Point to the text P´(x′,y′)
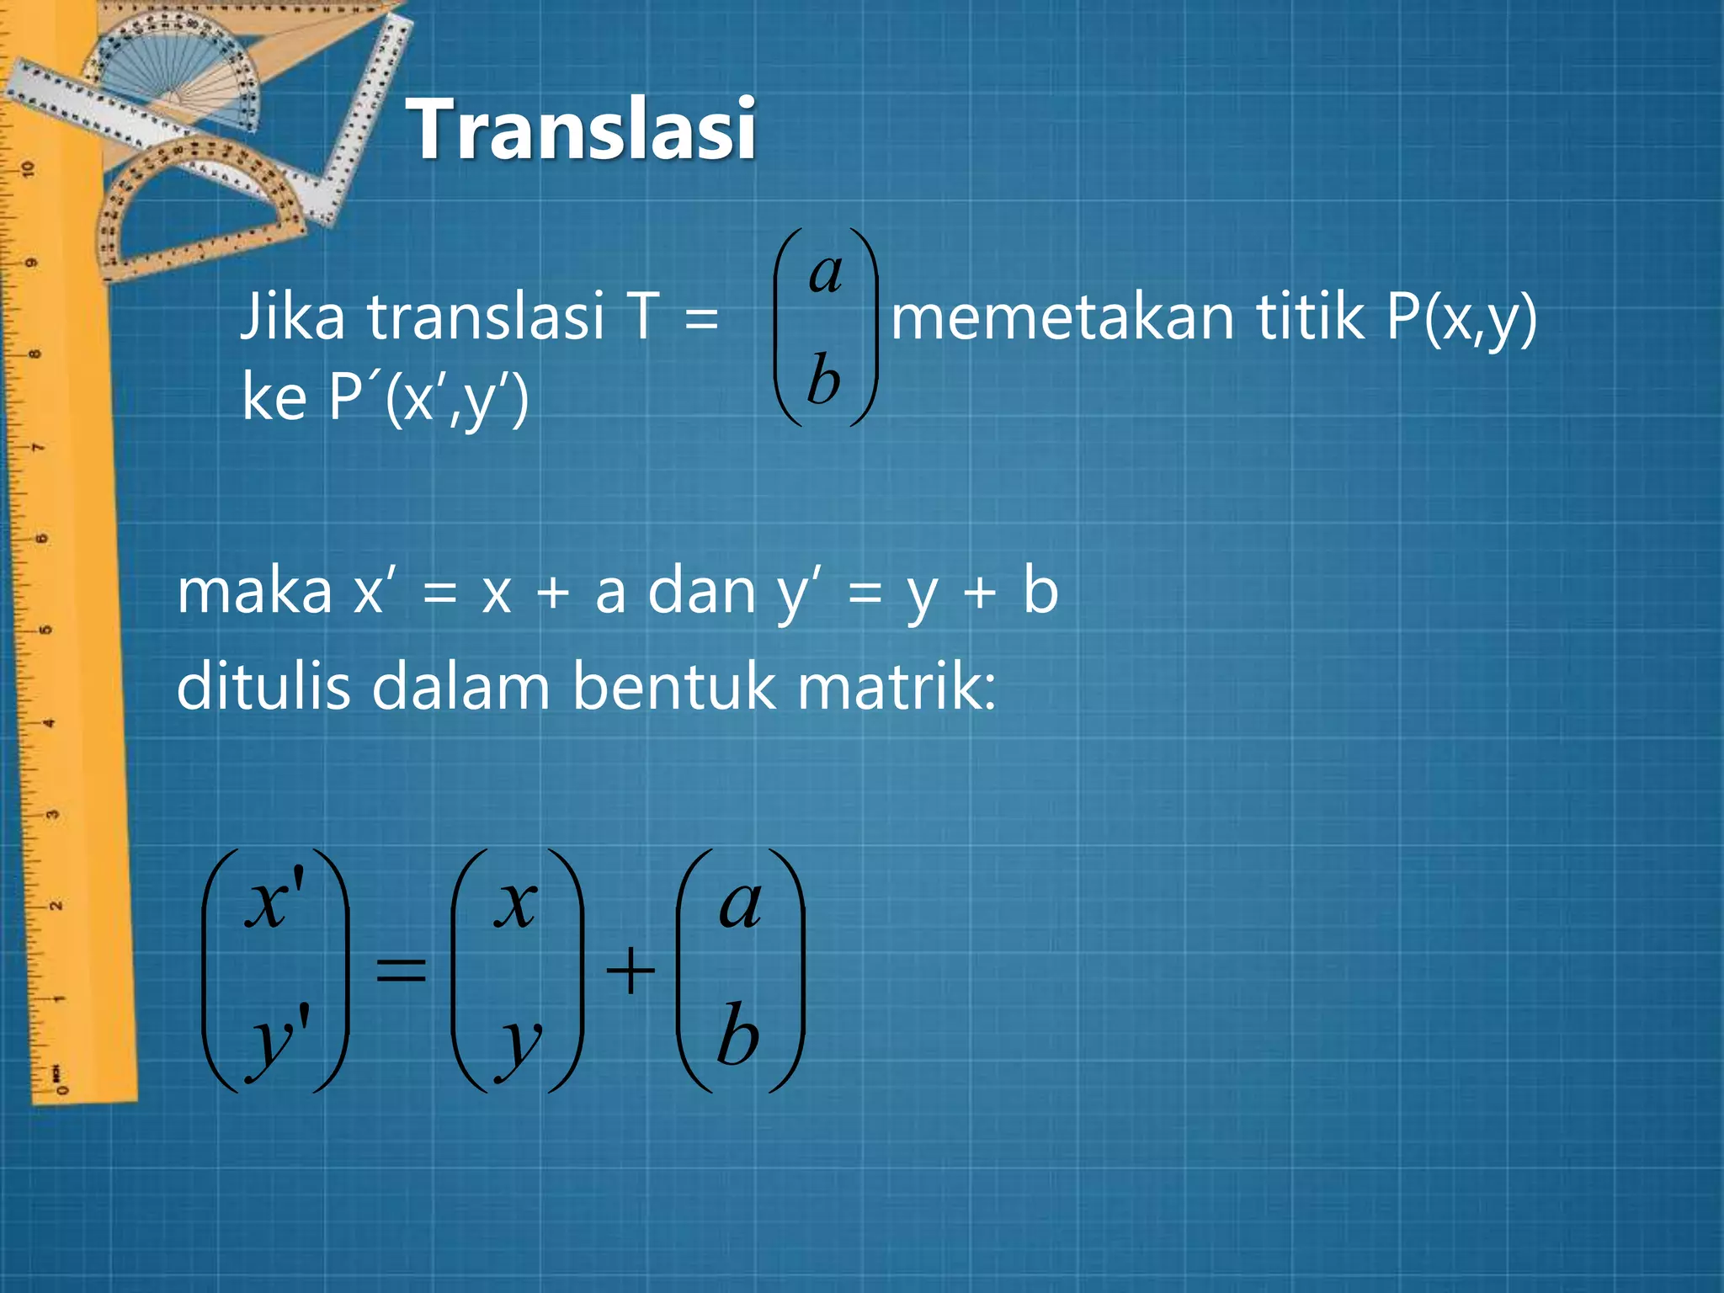pos(428,397)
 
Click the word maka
pos(255,591)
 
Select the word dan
pos(702,591)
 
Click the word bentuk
pos(673,686)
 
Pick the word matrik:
pos(897,686)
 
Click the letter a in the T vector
pos(826,274)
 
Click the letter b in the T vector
pos(824,379)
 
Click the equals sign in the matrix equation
pos(401,970)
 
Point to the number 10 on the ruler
pos(29,168)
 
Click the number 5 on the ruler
pos(46,630)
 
